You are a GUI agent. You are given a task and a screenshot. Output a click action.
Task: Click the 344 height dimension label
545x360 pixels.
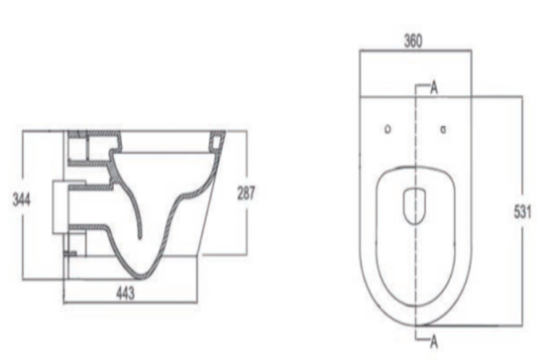point(17,198)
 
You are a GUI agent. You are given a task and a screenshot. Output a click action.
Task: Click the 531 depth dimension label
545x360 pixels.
point(532,210)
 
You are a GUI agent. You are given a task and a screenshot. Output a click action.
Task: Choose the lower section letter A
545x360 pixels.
point(434,340)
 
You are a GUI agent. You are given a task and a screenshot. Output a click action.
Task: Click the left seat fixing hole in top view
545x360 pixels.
point(387,128)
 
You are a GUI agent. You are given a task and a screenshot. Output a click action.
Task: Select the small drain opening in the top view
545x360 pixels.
point(415,203)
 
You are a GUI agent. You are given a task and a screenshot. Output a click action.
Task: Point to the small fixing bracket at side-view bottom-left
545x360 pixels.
point(69,255)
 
